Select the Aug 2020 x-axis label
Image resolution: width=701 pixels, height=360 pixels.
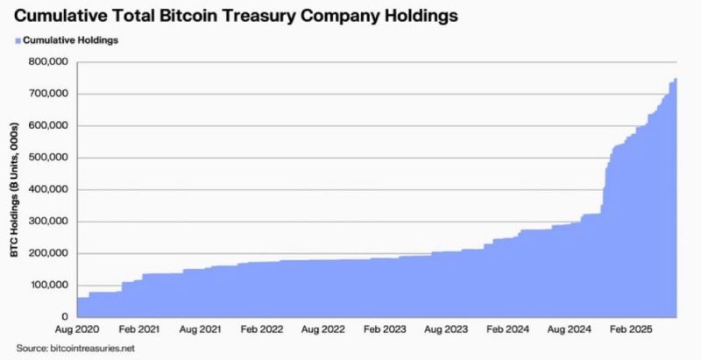click(77, 332)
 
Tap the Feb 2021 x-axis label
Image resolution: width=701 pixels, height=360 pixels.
click(139, 332)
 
